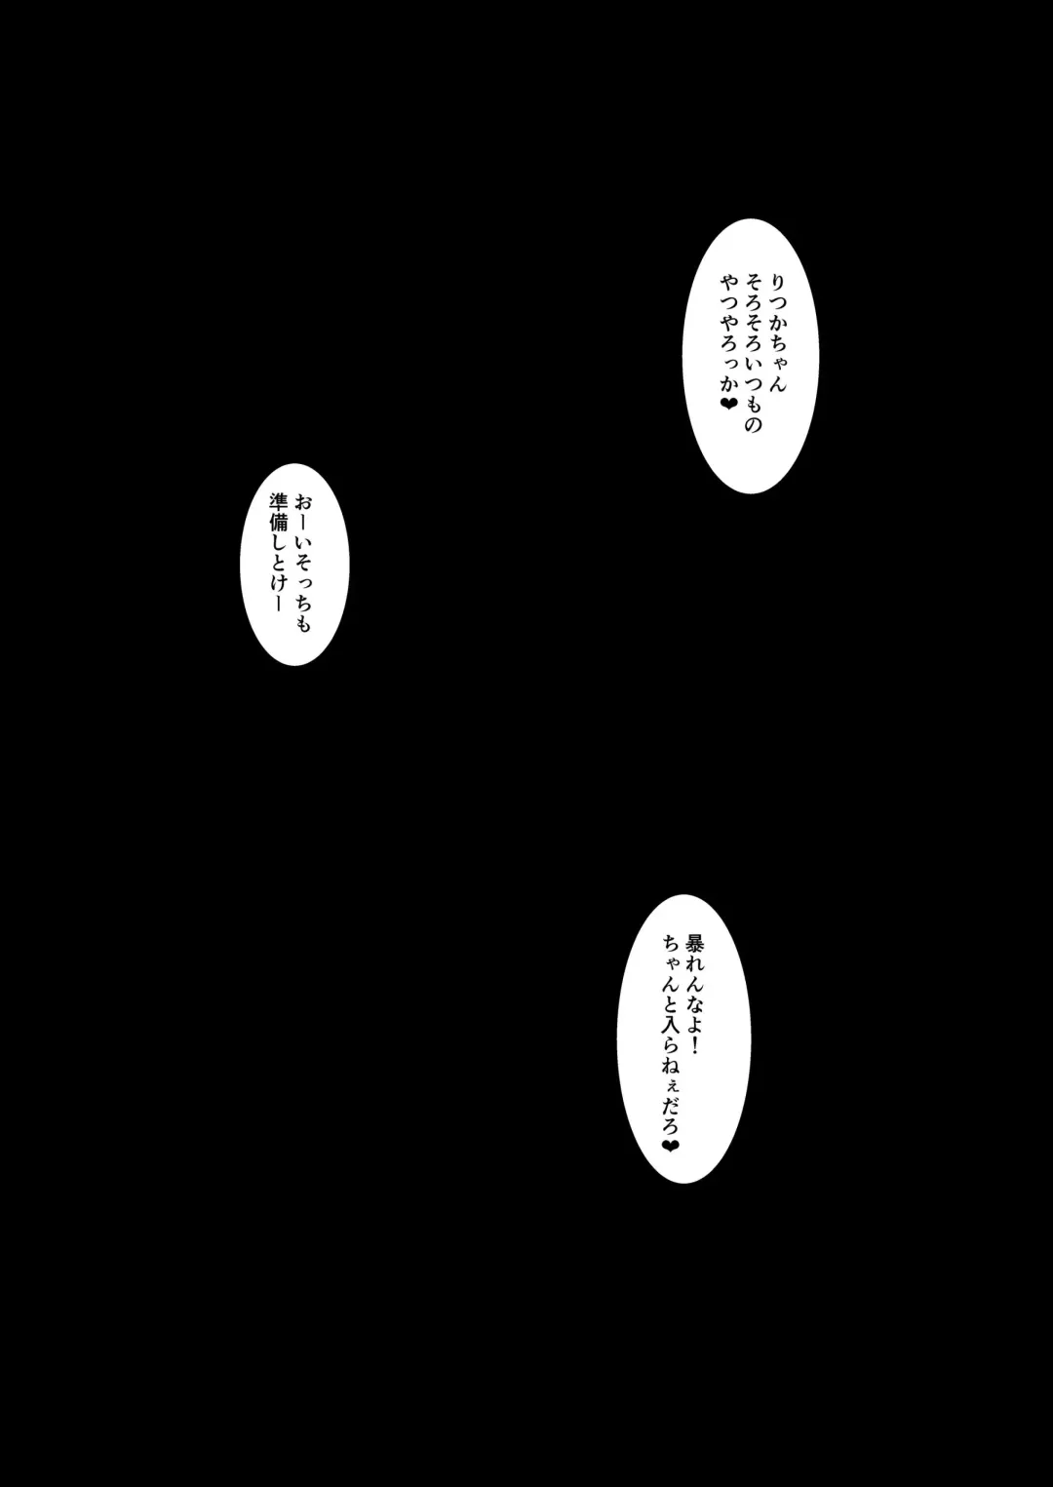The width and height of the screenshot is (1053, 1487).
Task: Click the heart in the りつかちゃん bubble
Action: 729,403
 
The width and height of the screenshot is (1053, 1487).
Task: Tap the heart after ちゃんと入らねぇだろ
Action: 670,1146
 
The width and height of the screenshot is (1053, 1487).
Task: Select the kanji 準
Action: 278,502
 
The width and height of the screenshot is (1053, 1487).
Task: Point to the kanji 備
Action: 278,523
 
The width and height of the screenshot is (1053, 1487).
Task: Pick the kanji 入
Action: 670,1031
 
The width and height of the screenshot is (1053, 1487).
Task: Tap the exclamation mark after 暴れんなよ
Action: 694,1048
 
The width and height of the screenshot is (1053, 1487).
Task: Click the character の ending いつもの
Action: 753,424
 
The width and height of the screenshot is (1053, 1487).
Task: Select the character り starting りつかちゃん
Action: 777,282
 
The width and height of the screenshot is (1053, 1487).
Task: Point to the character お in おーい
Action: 302,503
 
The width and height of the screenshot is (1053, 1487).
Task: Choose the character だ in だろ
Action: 670,1107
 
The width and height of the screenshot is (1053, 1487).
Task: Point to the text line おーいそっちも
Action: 302,564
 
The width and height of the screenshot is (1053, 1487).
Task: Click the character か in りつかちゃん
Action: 777,324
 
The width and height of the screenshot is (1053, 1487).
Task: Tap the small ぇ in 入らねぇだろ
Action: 669,1089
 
